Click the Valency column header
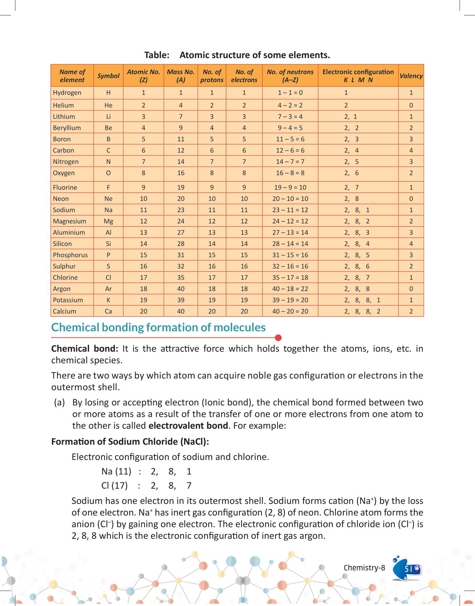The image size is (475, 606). click(411, 76)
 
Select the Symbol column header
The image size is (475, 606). click(108, 76)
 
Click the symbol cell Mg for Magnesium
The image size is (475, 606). click(108, 221)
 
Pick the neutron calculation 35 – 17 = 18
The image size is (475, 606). click(290, 278)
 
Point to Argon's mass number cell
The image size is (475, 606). click(181, 289)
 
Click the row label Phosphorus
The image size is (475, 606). click(70, 255)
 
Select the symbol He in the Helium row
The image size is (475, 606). click(108, 105)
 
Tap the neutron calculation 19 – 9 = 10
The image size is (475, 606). click(290, 187)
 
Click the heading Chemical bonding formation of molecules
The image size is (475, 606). click(158, 327)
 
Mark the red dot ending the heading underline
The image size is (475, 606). click(279, 338)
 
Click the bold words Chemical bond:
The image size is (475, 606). click(85, 349)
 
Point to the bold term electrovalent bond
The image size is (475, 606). click(188, 425)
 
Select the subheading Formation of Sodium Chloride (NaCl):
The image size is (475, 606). click(130, 441)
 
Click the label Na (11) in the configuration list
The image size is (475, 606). click(116, 472)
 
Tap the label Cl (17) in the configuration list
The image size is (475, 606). click(114, 486)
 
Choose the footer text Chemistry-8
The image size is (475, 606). click(364, 568)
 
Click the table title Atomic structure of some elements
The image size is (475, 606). click(255, 55)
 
